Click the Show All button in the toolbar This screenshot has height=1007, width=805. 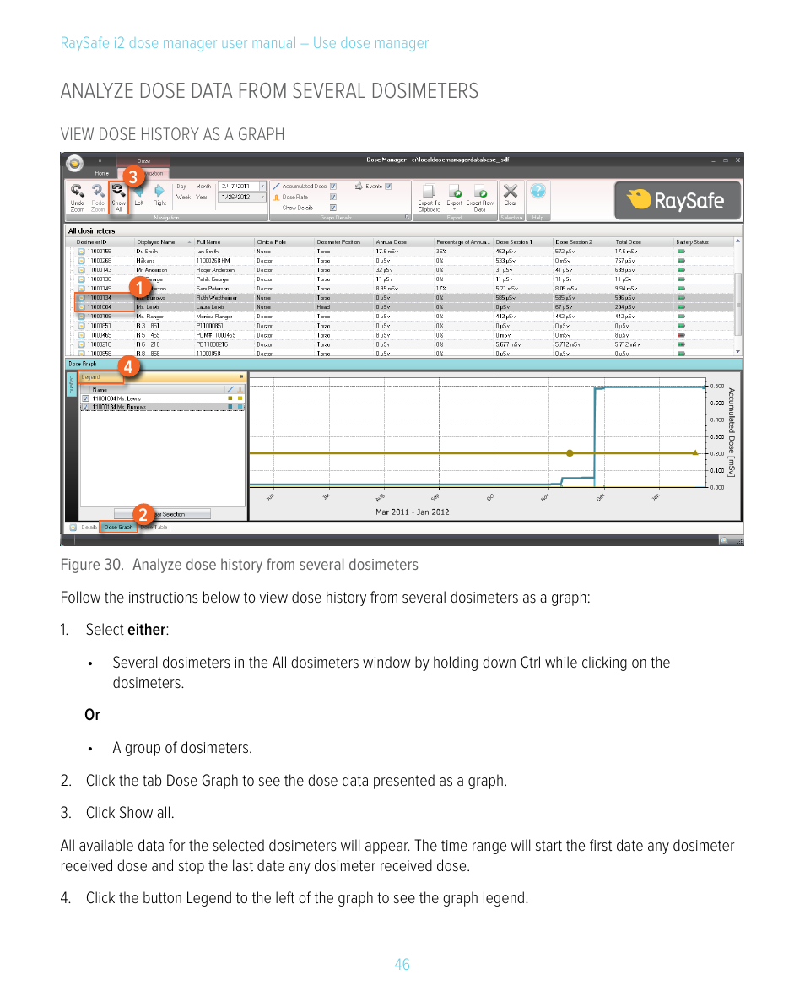(x=119, y=198)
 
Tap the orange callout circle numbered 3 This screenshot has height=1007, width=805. (x=132, y=176)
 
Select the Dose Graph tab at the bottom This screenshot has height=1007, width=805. (x=118, y=528)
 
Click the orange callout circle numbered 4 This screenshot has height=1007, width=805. (x=127, y=367)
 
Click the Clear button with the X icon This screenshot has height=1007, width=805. (x=510, y=196)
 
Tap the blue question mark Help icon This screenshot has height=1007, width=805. (x=538, y=192)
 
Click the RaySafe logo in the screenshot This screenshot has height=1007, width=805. (x=677, y=200)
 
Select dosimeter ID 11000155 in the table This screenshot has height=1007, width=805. (x=100, y=252)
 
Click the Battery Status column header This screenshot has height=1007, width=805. (x=692, y=241)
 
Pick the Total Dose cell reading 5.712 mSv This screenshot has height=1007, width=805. (x=629, y=344)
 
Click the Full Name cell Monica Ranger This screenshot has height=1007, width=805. (x=214, y=317)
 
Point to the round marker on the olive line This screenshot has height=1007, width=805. (x=570, y=453)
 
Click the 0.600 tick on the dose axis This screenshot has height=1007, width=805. (x=716, y=387)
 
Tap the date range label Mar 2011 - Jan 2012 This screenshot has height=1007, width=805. (x=412, y=512)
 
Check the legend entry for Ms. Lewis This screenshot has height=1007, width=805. (x=85, y=398)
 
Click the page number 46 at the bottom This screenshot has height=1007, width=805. (x=402, y=964)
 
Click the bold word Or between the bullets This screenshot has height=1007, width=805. (x=92, y=715)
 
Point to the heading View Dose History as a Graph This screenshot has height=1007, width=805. (x=172, y=134)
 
